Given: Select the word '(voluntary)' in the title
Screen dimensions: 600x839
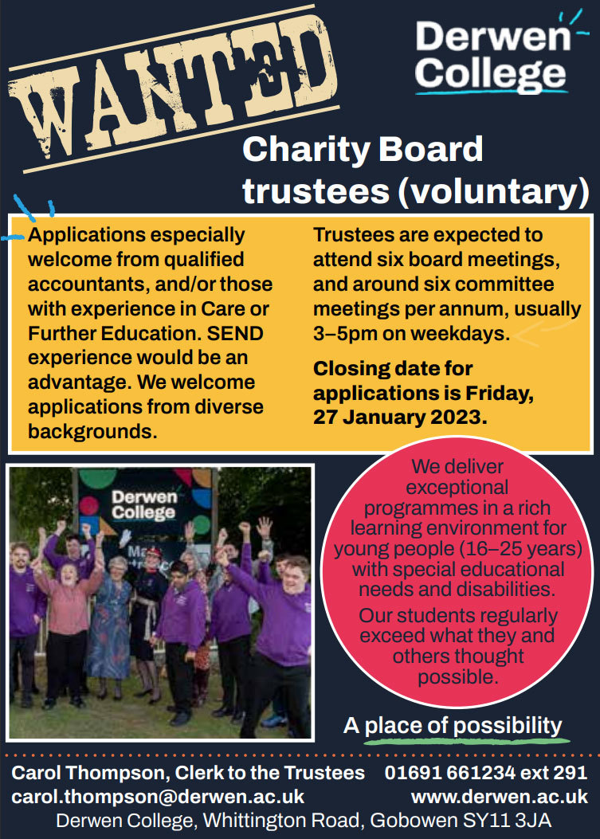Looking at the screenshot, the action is click(493, 190).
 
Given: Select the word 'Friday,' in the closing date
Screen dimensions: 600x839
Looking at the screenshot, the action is click(500, 394).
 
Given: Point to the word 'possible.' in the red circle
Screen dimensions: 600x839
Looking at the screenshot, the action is click(458, 677).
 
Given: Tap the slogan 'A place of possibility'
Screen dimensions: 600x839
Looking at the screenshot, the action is click(453, 726).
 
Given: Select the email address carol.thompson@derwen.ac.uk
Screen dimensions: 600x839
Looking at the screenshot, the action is click(158, 798).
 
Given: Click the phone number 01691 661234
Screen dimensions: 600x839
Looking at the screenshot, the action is click(450, 773).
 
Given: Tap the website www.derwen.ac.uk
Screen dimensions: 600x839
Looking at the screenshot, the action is click(500, 798).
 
